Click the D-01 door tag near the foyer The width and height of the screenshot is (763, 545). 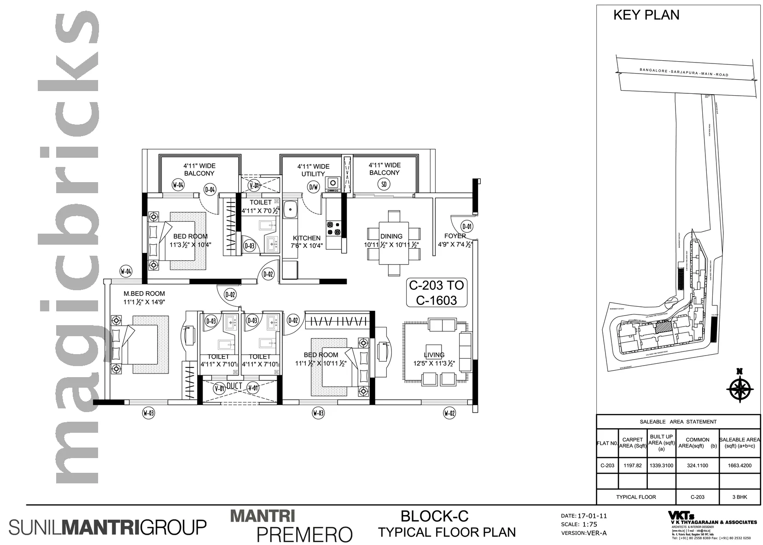pyautogui.click(x=467, y=226)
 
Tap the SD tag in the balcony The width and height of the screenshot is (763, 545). pyautogui.click(x=384, y=184)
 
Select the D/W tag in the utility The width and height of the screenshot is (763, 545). pyautogui.click(x=313, y=187)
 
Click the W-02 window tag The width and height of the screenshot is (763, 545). pyautogui.click(x=449, y=413)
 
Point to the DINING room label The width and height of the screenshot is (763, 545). pyautogui.click(x=391, y=236)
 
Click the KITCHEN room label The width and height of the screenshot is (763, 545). pyautogui.click(x=307, y=238)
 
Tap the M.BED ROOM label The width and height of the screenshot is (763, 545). pyautogui.click(x=144, y=293)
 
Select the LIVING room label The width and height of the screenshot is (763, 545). pyautogui.click(x=434, y=355)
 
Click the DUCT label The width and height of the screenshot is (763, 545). pyautogui.click(x=234, y=386)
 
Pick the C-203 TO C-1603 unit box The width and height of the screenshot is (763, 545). pyautogui.click(x=437, y=293)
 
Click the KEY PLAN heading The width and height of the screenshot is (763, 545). pyautogui.click(x=646, y=15)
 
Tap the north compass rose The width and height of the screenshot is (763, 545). pyautogui.click(x=739, y=388)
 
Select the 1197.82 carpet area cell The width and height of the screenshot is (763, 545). pyautogui.click(x=632, y=465)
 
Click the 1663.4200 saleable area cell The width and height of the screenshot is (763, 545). pyautogui.click(x=740, y=465)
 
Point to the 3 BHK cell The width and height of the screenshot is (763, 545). pyautogui.click(x=740, y=497)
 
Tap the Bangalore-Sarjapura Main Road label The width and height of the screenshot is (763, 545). pyautogui.click(x=683, y=72)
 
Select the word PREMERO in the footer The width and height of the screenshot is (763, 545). pyautogui.click(x=304, y=534)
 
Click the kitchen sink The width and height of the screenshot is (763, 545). pyautogui.click(x=291, y=211)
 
